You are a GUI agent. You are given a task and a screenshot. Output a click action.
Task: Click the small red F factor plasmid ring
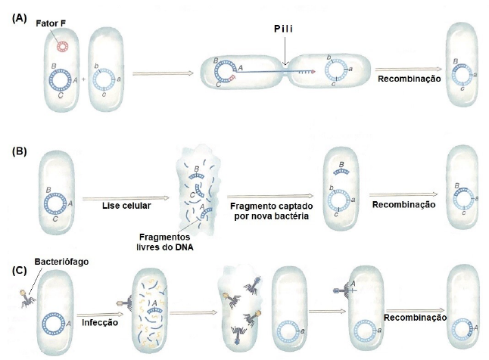[x=59, y=47]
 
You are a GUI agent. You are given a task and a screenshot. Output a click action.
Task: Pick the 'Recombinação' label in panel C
[x=412, y=318]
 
